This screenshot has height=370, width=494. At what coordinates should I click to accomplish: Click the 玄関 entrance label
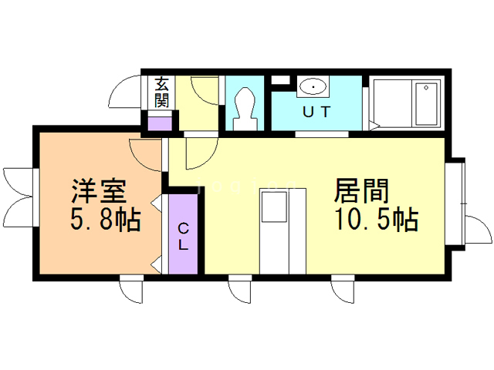pos(163,92)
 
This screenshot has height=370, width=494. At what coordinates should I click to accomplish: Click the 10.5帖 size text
pos(376,220)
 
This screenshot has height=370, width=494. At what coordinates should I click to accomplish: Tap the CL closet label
pos(184,237)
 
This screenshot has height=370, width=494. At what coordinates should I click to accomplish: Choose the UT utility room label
pos(316,111)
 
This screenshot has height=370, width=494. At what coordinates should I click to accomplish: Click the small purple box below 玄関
pos(161,122)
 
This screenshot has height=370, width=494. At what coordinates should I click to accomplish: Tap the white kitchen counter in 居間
pos(276,231)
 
